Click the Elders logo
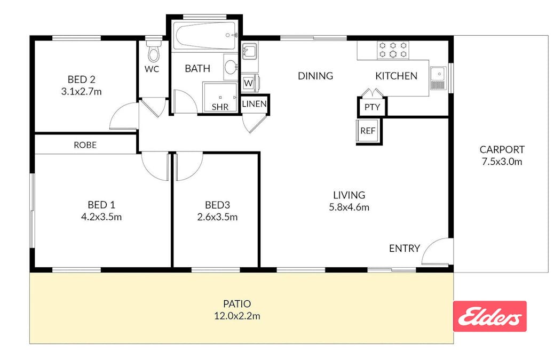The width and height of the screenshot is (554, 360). (489, 316)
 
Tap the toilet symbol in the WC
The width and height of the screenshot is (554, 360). (154, 52)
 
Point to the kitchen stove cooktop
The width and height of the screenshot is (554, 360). (393, 50)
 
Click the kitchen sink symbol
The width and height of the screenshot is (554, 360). (438, 78)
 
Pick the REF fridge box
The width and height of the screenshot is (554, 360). (367, 131)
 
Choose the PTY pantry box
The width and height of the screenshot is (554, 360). (372, 107)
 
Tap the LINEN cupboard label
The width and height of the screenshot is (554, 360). (254, 104)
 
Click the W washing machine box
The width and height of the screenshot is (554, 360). (248, 83)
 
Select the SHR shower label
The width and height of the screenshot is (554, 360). (220, 107)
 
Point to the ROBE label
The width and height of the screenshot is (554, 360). (85, 145)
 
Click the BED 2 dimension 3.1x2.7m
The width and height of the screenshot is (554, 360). (82, 92)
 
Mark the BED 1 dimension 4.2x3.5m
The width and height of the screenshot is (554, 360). (101, 217)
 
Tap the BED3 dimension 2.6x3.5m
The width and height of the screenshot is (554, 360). (217, 217)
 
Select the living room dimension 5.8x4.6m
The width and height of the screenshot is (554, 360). (349, 207)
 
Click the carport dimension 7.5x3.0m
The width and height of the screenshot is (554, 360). (502, 162)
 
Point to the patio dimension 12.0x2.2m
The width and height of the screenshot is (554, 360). (237, 316)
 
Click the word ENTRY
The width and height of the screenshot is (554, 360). (404, 248)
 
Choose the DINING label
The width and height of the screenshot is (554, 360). (315, 76)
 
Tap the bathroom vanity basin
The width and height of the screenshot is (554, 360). (231, 67)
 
